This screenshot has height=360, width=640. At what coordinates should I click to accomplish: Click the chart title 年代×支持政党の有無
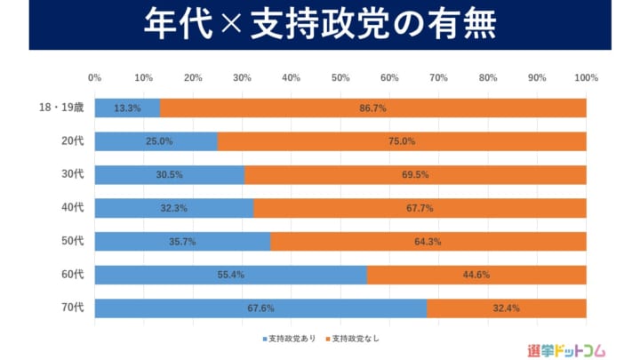[x=320, y=25]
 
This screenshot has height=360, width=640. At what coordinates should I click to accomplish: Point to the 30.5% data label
[x=170, y=175]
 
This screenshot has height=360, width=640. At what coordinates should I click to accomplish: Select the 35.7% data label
[x=182, y=242]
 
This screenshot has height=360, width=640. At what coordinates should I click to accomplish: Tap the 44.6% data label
[x=476, y=275]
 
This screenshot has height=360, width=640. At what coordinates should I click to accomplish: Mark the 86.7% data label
[x=372, y=108]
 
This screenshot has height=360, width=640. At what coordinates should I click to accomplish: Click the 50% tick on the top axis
[x=340, y=77]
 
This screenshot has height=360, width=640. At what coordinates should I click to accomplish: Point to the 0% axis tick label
[x=95, y=77]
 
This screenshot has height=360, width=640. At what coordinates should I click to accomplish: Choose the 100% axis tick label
[x=586, y=77]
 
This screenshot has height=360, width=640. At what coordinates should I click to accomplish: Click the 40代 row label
[x=72, y=208]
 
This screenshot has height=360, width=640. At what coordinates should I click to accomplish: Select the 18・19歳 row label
[x=61, y=108]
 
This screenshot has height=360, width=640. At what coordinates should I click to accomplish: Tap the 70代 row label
[x=72, y=308]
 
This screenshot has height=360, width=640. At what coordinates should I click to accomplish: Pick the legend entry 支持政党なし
[x=360, y=338]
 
